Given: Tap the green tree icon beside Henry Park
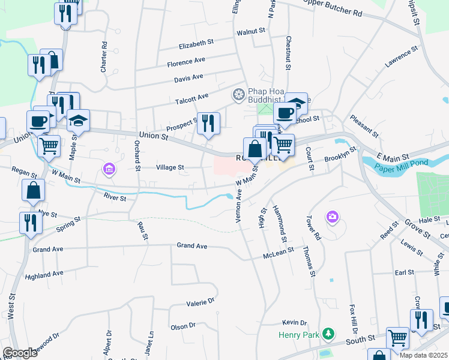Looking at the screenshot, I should (328, 333).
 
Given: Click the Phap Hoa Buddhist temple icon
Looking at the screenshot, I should (238, 94).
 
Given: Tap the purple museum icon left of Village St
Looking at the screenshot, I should (109, 169).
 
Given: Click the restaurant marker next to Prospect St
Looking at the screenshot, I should (208, 124).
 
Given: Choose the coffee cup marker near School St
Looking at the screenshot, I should (285, 113).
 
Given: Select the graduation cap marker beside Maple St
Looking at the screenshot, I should (78, 121).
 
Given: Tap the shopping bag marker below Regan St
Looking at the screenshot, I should (34, 191).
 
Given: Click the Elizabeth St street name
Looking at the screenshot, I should (196, 43).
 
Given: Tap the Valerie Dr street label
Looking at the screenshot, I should (200, 302).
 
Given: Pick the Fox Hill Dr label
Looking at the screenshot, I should (354, 319).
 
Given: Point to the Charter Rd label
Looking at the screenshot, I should (104, 57).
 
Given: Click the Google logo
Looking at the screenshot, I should (20, 353).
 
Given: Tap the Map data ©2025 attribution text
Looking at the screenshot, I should (423, 355).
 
